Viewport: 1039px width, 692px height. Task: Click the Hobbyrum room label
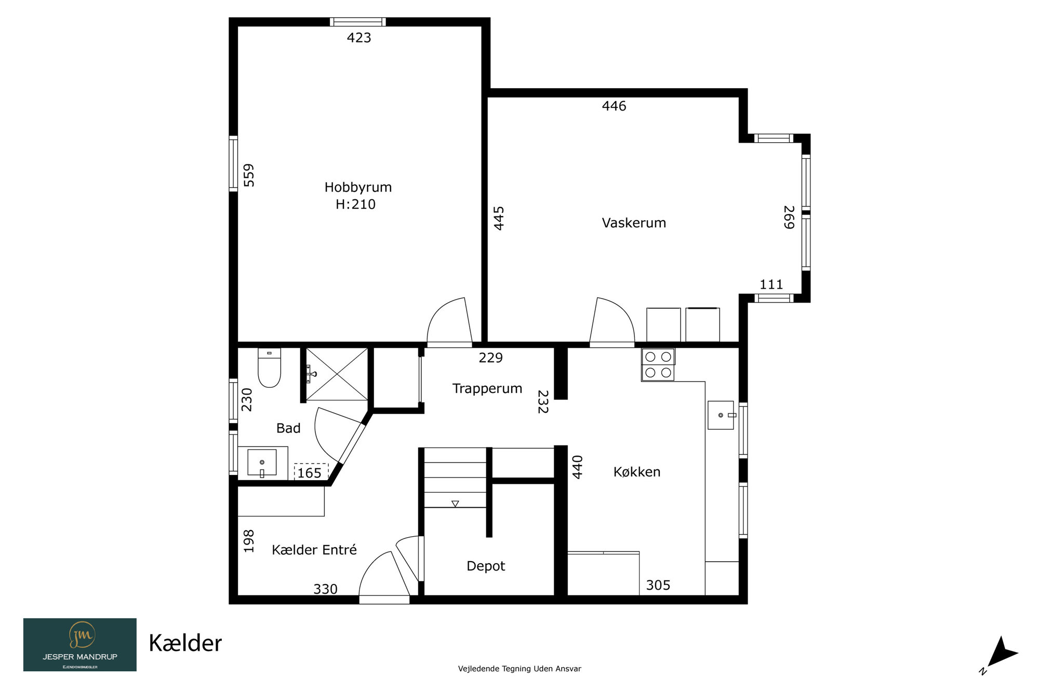(x=358, y=187)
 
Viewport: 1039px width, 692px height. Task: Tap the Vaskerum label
(x=634, y=223)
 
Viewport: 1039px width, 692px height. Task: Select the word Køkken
(x=637, y=472)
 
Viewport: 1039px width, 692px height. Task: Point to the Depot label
(x=486, y=566)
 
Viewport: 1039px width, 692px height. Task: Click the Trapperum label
(x=487, y=389)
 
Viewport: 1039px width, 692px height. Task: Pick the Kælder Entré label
(x=314, y=550)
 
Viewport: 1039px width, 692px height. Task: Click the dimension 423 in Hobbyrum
(x=359, y=38)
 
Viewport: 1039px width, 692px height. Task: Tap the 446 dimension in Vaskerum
(x=614, y=106)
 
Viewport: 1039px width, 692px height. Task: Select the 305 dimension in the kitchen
(x=658, y=586)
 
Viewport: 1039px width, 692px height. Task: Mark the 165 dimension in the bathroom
(x=310, y=473)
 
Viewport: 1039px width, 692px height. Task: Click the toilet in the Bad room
(x=269, y=368)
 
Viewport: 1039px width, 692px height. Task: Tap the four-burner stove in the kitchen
(x=658, y=364)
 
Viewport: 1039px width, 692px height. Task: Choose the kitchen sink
(x=721, y=415)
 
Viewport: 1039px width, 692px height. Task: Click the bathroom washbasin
(x=262, y=463)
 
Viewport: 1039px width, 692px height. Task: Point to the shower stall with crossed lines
(x=337, y=374)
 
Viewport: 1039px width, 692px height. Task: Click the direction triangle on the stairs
(x=455, y=504)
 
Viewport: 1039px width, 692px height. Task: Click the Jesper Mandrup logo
(x=80, y=645)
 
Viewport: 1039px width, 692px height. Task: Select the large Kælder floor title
(x=185, y=644)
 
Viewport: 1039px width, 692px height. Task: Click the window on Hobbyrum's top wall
(x=357, y=22)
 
